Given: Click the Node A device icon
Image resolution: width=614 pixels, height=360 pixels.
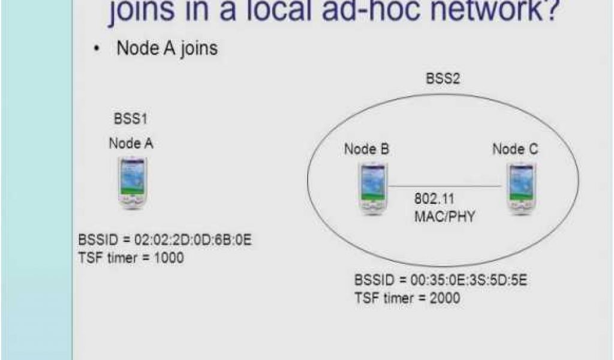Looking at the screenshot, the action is tap(133, 182).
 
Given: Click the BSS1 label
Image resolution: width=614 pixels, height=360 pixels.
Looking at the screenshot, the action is tap(130, 119).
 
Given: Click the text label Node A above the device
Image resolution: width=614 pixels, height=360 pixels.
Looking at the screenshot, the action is tap(131, 143).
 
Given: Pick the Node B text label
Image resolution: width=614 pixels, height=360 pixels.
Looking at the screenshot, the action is tap(366, 150).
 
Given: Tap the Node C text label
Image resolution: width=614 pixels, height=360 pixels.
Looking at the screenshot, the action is tap(515, 150).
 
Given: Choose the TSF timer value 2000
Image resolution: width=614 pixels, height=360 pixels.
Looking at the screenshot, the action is tap(444, 298).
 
